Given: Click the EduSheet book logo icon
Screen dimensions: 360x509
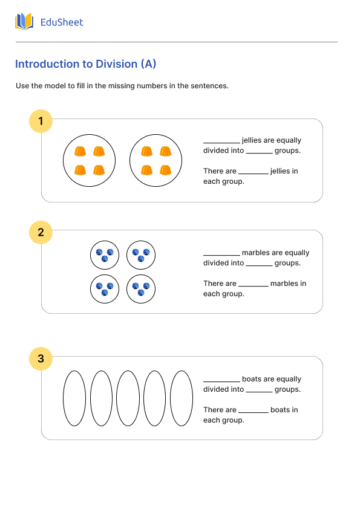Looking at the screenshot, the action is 24,22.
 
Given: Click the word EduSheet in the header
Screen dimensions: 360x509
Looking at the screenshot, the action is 61,22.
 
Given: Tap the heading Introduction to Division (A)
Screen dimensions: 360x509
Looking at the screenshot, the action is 85,64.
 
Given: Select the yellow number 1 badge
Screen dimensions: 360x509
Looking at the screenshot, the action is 41,122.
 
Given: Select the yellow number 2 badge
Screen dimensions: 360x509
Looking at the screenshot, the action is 41,232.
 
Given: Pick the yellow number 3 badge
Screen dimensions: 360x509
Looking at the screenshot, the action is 41,358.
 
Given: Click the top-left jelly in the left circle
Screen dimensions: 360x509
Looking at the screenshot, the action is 79,152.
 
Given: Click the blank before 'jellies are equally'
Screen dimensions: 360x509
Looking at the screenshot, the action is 221,141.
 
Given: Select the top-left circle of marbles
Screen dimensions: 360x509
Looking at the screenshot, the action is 105,254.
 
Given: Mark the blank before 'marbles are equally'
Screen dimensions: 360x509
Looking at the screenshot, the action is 221,254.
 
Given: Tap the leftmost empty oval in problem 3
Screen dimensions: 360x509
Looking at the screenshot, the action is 74,398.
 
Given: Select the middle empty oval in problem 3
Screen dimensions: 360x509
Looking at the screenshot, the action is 128,398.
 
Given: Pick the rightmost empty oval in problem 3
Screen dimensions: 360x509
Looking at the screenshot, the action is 182,398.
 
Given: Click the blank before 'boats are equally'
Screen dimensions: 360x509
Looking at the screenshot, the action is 221,380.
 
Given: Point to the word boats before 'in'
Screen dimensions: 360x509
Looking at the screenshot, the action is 280,410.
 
